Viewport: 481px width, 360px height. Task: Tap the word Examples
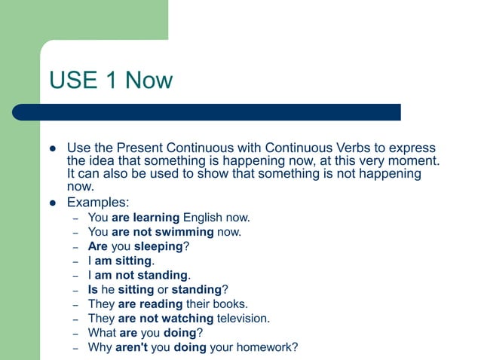click(97, 203)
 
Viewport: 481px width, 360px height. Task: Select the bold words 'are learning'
click(146, 218)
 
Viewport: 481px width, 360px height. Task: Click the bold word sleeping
click(159, 246)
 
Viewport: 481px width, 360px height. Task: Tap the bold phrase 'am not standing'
click(142, 275)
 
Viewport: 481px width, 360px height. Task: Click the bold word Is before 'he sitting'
click(93, 289)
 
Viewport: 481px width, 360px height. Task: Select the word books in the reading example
click(231, 304)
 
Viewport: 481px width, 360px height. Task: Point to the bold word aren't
click(132, 347)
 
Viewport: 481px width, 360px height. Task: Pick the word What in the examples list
click(101, 332)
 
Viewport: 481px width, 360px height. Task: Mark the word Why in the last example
click(99, 347)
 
